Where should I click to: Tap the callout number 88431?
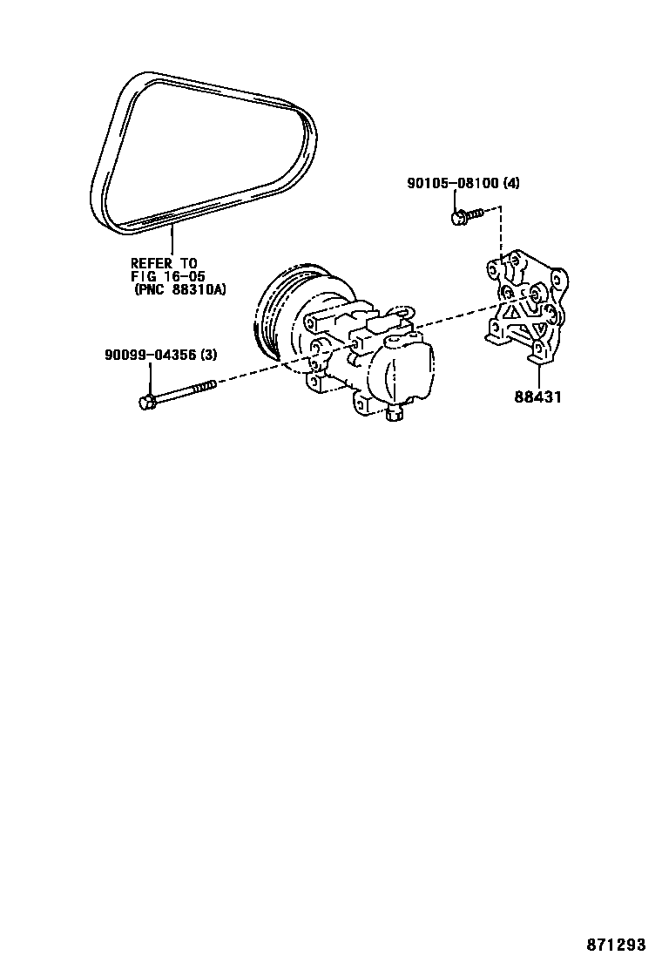[x=537, y=397]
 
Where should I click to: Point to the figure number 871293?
[x=615, y=945]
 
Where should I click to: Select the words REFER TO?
[x=165, y=263]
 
